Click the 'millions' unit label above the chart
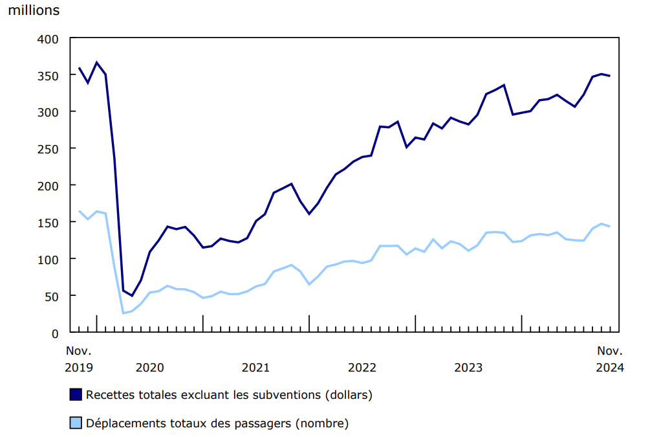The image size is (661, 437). coord(34,10)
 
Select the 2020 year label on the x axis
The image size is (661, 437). coord(149,368)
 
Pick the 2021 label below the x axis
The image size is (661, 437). coord(255,368)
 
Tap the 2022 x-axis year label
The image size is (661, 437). coord(362,368)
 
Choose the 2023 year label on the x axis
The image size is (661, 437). coord(468,368)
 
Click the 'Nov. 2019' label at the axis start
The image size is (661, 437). coord(79,359)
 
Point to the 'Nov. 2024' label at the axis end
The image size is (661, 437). coord(609,359)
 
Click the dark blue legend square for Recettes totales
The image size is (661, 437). coord(76,394)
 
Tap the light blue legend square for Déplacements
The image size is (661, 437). coord(76,423)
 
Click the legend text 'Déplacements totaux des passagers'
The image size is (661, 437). coord(217,423)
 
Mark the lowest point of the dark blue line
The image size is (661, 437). coord(132,296)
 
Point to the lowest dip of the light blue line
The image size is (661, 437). coord(123,313)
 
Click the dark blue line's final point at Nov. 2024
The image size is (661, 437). coord(610,76)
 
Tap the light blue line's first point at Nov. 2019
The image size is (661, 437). coord(79,211)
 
